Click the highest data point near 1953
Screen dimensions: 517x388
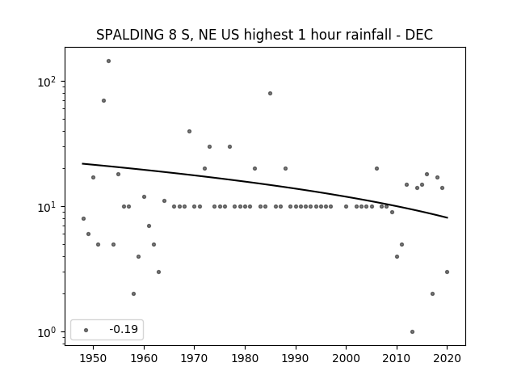point(108,61)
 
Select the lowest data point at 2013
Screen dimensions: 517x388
point(412,332)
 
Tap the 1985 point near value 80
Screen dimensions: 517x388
point(270,94)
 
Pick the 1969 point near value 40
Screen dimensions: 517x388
point(189,131)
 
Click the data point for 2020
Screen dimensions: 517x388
point(447,272)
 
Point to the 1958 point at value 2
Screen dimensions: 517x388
point(133,294)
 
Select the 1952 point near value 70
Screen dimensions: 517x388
point(103,100)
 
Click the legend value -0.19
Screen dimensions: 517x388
point(124,329)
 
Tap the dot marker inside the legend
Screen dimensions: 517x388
point(86,330)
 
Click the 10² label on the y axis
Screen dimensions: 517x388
point(47,82)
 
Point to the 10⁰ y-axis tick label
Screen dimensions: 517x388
point(47,332)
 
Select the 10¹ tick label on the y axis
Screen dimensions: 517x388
point(47,207)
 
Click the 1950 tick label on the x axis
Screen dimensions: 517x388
point(93,359)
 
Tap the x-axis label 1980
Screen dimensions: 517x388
point(245,359)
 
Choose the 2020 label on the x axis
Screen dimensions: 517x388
point(447,359)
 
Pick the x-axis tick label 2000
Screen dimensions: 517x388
point(346,359)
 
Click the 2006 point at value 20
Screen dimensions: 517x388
point(376,169)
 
